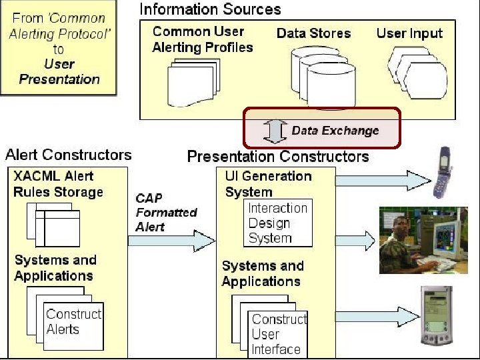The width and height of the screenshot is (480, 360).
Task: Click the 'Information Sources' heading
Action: [x=210, y=9]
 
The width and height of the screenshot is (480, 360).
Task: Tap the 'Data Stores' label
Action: [x=313, y=33]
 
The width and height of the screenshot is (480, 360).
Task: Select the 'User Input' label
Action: [x=409, y=33]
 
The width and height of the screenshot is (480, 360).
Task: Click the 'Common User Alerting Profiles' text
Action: [x=202, y=39]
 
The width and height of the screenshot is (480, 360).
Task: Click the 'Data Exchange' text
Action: [x=335, y=131]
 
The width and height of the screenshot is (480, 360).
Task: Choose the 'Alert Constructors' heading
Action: [x=69, y=155]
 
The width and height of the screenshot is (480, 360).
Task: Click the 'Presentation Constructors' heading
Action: [x=278, y=157]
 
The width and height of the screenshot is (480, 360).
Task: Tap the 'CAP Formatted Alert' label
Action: [x=166, y=213]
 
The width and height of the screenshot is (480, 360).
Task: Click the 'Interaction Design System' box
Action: [x=277, y=223]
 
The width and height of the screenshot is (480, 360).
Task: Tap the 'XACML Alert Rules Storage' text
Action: [x=58, y=184]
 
